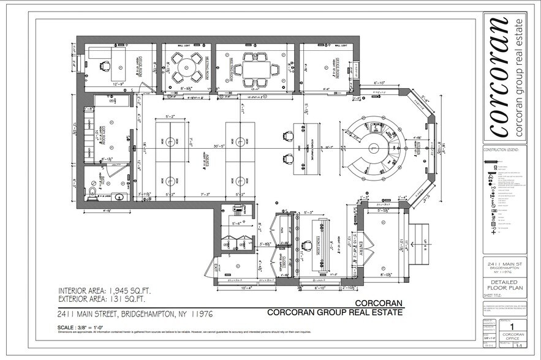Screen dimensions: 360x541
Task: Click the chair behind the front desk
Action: pyautogui.click(x=305, y=246)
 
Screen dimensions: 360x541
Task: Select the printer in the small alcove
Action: pyautogui.click(x=236, y=211)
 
